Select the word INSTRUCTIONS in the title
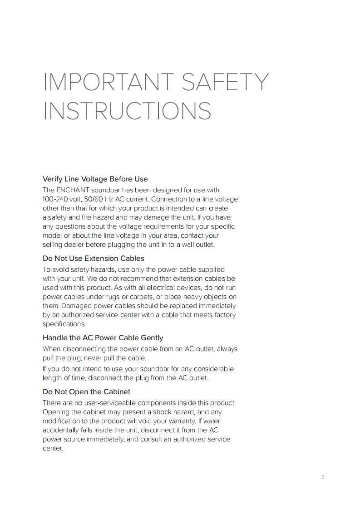point(127,111)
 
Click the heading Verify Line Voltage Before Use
point(95,179)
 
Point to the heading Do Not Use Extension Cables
point(93,259)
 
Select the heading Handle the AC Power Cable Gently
point(103,338)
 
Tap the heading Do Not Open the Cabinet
point(86,392)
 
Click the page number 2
point(322,477)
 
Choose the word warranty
point(185,421)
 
